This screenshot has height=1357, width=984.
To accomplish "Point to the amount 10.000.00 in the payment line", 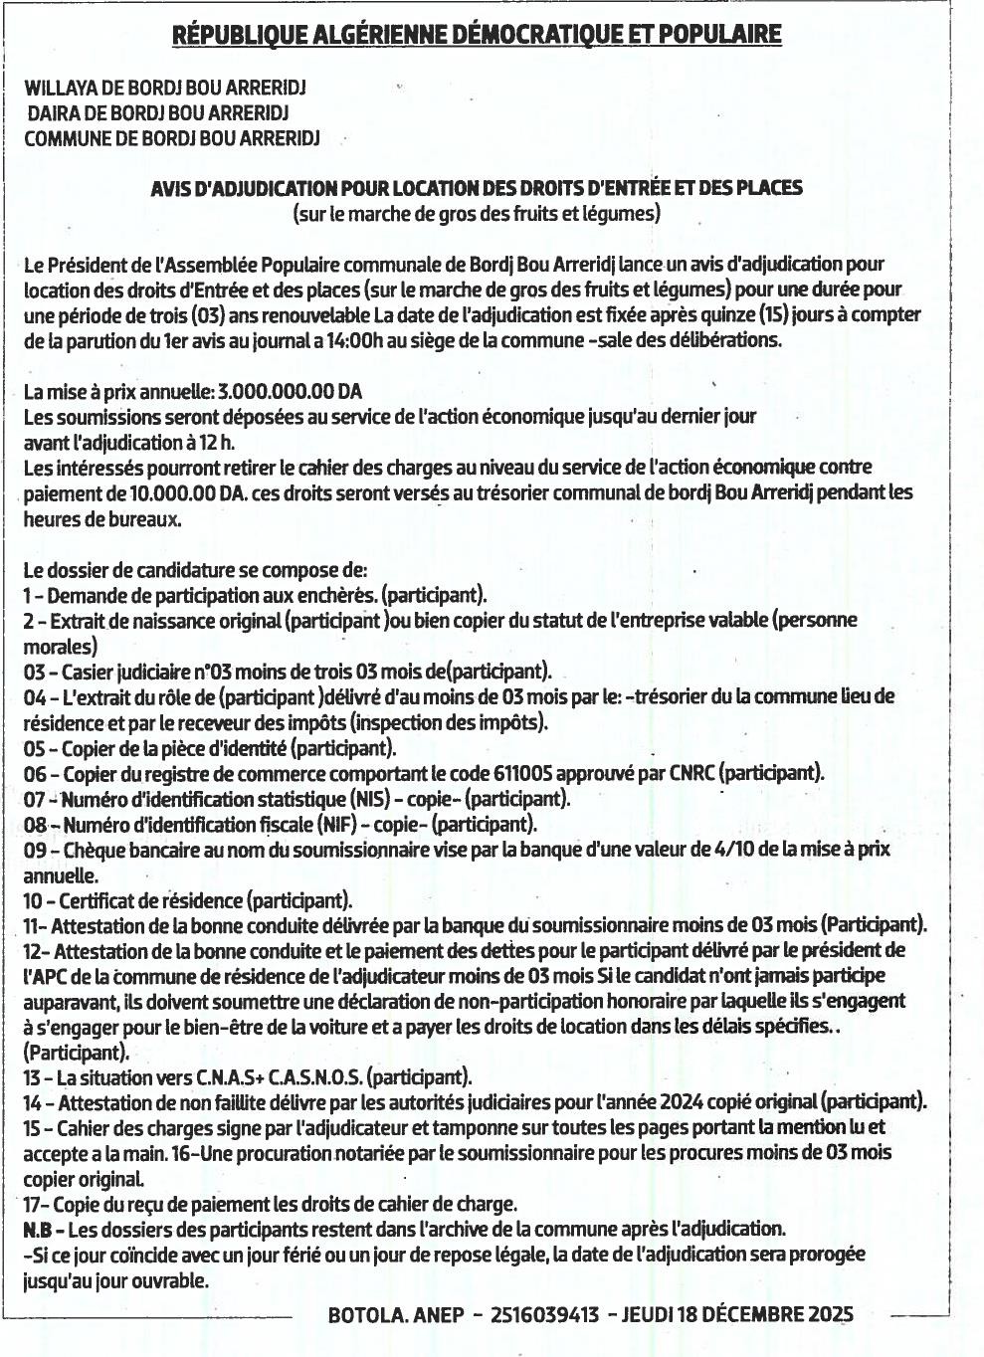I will click(x=172, y=492).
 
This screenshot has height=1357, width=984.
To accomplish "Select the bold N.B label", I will click(x=37, y=1229).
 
